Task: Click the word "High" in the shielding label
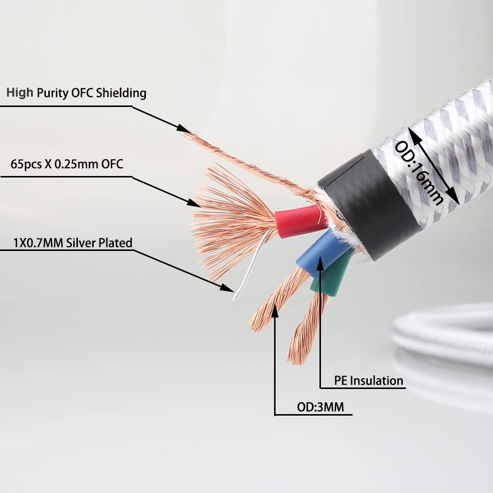pos(20,93)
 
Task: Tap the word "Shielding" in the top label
pos(121,93)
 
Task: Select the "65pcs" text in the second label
pos(26,165)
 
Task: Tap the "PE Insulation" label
pos(368,381)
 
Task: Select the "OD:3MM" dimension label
pos(320,407)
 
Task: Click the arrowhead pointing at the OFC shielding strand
pos(182,129)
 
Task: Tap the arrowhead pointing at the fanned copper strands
pos(193,203)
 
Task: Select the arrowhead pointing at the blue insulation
pos(320,263)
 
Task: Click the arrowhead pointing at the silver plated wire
pos(227,288)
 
